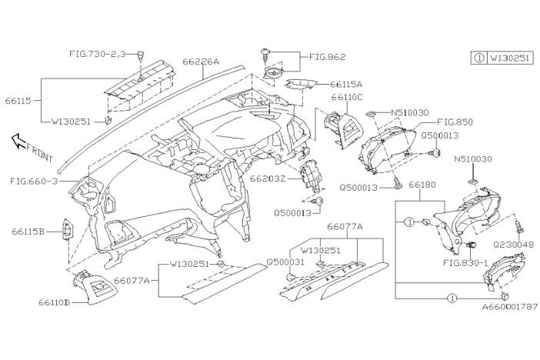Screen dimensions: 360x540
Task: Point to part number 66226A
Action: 201,61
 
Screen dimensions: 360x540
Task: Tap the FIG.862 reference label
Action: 328,56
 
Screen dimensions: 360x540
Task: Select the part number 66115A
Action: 346,84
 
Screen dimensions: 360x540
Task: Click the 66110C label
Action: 347,98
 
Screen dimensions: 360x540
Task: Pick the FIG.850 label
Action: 455,122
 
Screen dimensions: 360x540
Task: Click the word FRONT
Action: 38,151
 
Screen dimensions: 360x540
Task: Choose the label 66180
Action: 422,185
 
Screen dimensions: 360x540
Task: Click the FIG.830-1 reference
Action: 465,262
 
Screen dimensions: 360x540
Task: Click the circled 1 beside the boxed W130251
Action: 478,58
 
